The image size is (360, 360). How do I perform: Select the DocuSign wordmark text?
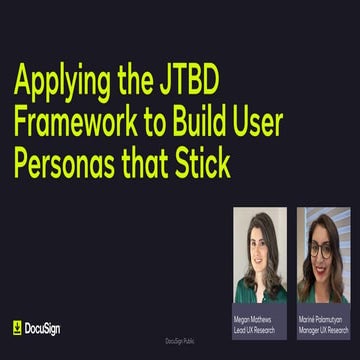(43, 327)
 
